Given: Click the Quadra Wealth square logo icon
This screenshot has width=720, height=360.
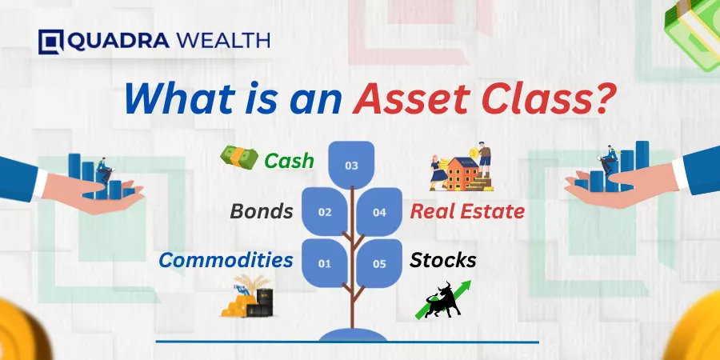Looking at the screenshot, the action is (x=51, y=42).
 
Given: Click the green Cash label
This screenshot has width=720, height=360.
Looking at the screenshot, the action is (x=290, y=161).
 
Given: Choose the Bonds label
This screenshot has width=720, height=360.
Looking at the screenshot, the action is (x=262, y=211).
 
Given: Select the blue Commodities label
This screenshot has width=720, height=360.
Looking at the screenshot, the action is (x=226, y=260).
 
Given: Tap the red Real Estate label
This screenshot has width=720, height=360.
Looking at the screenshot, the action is (x=467, y=212).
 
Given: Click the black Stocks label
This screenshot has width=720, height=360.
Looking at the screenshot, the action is (x=442, y=260).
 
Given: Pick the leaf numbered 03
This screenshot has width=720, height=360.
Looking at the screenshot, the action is (x=351, y=165).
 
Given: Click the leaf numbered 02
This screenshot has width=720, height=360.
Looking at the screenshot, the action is (x=325, y=212).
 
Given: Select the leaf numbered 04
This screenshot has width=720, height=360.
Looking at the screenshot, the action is (x=379, y=212).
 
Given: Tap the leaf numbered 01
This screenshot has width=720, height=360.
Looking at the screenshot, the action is (x=325, y=263).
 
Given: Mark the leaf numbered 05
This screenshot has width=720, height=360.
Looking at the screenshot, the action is (x=379, y=263).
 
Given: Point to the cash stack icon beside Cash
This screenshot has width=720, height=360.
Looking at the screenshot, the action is (x=239, y=158).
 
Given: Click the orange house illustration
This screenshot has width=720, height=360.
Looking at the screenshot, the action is (x=461, y=174).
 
